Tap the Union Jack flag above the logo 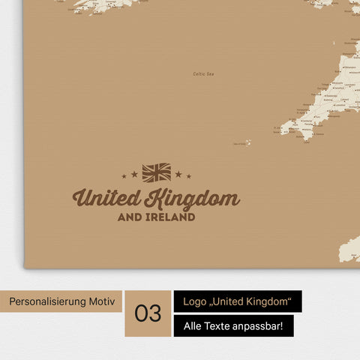157,172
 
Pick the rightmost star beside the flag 189,176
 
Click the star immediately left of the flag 135,174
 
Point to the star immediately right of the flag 178,174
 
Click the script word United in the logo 107,199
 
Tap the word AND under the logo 130,217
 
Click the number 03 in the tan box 148,313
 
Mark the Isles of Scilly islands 248,141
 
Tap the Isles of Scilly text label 240,142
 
